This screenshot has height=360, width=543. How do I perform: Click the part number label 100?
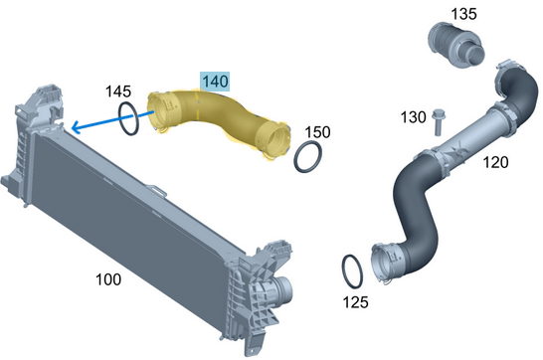click(x=108, y=279)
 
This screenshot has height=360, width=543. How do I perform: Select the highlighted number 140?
click(x=215, y=82)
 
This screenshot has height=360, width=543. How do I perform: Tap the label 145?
click(x=118, y=91)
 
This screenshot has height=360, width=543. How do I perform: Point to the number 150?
click(x=317, y=132)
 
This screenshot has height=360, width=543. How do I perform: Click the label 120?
click(x=495, y=162)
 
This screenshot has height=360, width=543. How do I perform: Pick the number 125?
click(x=355, y=302)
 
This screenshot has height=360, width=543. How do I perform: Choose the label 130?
click(x=413, y=117)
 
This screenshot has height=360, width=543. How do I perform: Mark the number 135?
click(x=463, y=14)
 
